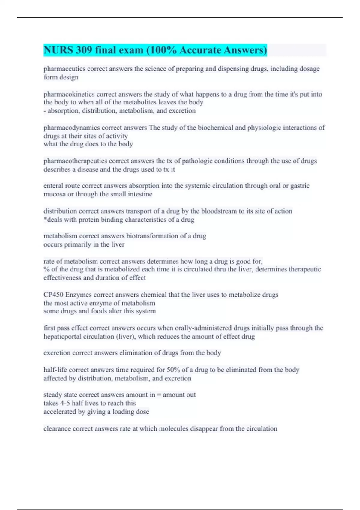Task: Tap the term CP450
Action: [x=53, y=295]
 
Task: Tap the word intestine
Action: [x=140, y=194]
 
